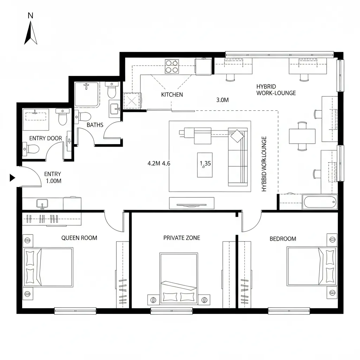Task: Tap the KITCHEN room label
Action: click(x=172, y=95)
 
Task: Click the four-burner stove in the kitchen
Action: click(x=172, y=66)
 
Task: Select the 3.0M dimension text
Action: click(x=223, y=100)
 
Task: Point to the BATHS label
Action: click(x=95, y=125)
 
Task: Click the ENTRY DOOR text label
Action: click(x=45, y=138)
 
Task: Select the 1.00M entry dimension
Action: click(x=54, y=181)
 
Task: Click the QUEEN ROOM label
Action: click(x=79, y=238)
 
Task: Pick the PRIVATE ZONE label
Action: click(x=182, y=238)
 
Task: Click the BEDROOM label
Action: click(x=283, y=239)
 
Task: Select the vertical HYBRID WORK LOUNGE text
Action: click(x=264, y=164)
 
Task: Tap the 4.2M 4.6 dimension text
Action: click(x=159, y=163)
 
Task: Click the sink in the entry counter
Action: click(x=42, y=204)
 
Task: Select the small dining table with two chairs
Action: click(x=302, y=136)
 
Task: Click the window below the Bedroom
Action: click(x=289, y=311)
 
